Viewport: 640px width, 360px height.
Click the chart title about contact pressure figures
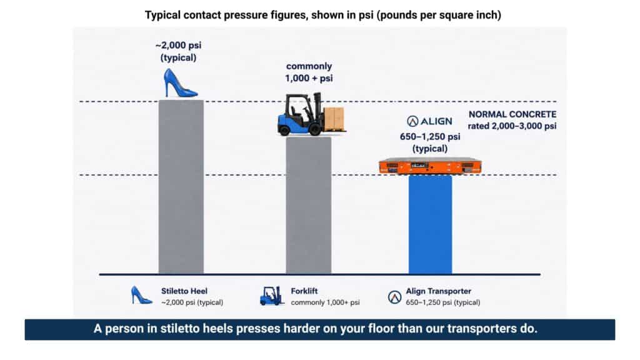tap(323, 15)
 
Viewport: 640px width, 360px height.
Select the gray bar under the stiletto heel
tap(181, 187)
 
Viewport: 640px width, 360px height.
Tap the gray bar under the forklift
tap(309, 205)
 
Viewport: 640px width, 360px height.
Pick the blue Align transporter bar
tap(430, 224)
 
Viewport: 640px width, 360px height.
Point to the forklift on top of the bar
tap(311, 114)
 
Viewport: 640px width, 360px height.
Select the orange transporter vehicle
tap(430, 166)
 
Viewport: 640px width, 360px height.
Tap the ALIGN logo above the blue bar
tap(429, 121)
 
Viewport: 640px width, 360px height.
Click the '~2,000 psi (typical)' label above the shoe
tap(178, 51)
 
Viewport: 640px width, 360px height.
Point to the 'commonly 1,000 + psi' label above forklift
tap(309, 72)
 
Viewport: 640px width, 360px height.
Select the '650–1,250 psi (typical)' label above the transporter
tap(430, 142)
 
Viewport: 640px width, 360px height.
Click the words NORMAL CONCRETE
tap(512, 114)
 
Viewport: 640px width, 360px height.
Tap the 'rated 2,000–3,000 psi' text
tap(512, 126)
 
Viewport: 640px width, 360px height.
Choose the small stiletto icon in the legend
tap(141, 295)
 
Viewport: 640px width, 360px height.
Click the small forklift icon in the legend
tap(272, 296)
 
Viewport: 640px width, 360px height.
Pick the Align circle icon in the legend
tap(394, 297)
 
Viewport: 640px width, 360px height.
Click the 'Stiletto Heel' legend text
tap(184, 291)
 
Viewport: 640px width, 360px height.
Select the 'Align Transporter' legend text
tap(438, 291)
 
